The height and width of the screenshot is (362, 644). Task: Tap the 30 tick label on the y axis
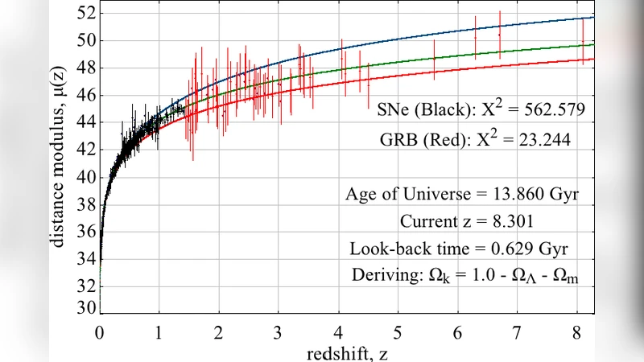(86, 308)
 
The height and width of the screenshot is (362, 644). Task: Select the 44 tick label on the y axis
(86, 122)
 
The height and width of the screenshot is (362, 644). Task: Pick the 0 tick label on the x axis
(99, 331)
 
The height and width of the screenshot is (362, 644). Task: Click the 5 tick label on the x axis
(397, 331)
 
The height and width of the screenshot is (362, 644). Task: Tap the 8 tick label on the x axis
(576, 331)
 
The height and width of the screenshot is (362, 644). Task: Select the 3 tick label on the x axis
(278, 331)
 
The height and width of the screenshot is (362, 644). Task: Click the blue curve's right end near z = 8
(592, 18)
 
